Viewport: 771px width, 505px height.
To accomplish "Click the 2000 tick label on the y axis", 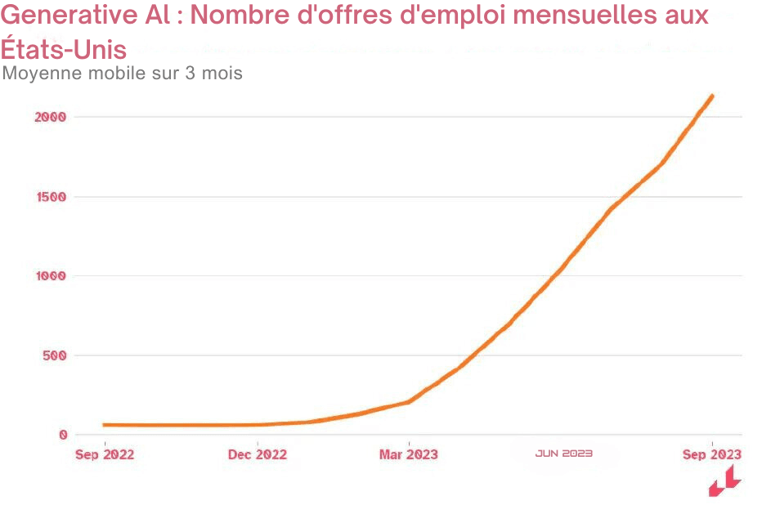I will tap(50, 117).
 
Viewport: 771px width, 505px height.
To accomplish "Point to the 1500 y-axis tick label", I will tap(50, 197).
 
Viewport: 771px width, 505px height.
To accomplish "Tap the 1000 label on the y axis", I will tap(50, 276).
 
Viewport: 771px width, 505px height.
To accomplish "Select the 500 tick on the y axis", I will tap(53, 355).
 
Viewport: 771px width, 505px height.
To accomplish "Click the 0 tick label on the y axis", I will tap(62, 435).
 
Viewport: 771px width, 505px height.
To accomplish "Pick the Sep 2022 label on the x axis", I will tap(105, 454).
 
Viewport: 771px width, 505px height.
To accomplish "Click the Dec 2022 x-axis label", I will tap(258, 454).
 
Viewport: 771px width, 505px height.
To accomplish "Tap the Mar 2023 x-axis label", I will tap(408, 454).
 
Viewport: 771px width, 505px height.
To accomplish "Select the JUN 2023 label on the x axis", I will tap(564, 453).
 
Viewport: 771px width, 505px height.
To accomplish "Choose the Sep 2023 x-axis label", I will tap(712, 454).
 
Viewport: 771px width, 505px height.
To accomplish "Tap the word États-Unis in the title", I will tap(64, 50).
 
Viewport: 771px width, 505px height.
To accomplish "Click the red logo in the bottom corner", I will tap(724, 482).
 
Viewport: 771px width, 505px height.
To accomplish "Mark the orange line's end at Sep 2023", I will tap(712, 96).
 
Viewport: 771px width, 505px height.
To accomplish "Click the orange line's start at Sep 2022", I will tap(105, 425).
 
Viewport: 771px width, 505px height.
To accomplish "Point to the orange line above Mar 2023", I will tap(408, 401).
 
